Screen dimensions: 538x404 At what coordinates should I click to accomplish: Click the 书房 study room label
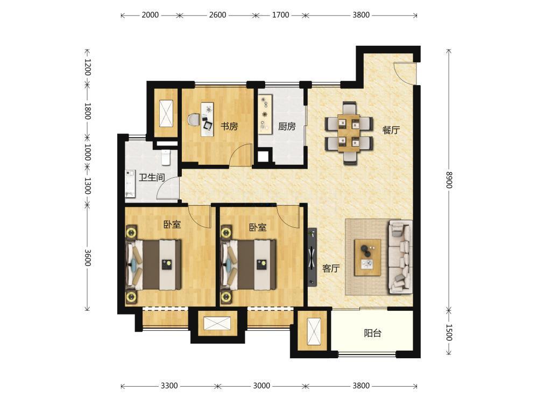pyautogui.click(x=229, y=127)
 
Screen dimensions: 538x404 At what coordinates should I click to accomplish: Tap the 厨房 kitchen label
pyautogui.click(x=287, y=127)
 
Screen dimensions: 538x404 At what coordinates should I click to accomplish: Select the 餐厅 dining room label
pyautogui.click(x=391, y=130)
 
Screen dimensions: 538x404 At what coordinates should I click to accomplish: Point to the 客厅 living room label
pyautogui.click(x=331, y=268)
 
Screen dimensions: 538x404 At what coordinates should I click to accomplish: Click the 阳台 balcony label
pyautogui.click(x=373, y=333)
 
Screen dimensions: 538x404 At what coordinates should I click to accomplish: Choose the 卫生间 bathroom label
pyautogui.click(x=152, y=178)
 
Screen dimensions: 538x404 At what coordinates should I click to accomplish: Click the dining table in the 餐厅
pyautogui.click(x=349, y=133)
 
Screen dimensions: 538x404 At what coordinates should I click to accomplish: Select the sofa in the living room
pyautogui.click(x=400, y=257)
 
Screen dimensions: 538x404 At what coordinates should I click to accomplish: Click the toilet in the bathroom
pyautogui.click(x=166, y=157)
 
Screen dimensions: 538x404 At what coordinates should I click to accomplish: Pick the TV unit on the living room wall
pyautogui.click(x=312, y=257)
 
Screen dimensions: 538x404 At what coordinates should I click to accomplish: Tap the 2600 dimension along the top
pyautogui.click(x=217, y=15)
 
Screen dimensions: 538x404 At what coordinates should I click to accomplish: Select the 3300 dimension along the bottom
pyautogui.click(x=169, y=386)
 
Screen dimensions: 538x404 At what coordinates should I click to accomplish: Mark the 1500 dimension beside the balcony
pyautogui.click(x=449, y=332)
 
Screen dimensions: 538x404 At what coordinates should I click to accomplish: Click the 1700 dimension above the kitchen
pyautogui.click(x=280, y=15)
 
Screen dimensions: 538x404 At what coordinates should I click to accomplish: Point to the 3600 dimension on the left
pyautogui.click(x=88, y=257)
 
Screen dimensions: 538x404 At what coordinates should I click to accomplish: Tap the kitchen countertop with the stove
pyautogui.click(x=265, y=113)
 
